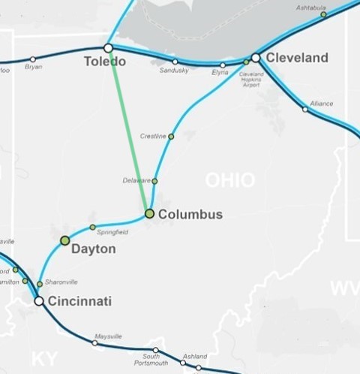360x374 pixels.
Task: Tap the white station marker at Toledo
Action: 108,48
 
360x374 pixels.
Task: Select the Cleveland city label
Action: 298,58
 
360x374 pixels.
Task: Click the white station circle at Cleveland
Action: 256,57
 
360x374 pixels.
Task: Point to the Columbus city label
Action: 190,215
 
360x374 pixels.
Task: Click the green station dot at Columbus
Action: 149,214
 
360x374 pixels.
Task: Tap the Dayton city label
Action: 93,249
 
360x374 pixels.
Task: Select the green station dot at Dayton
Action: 64,240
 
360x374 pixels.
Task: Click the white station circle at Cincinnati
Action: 38,300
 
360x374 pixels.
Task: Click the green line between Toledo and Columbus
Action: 129,131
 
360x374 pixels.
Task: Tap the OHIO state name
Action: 230,180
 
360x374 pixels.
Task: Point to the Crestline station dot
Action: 171,137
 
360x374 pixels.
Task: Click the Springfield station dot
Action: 92,227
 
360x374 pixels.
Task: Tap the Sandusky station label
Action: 174,71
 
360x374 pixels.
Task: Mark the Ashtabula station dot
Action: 323,14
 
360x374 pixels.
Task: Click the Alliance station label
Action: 322,103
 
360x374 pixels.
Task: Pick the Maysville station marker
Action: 94,342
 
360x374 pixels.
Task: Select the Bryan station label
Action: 33,67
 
